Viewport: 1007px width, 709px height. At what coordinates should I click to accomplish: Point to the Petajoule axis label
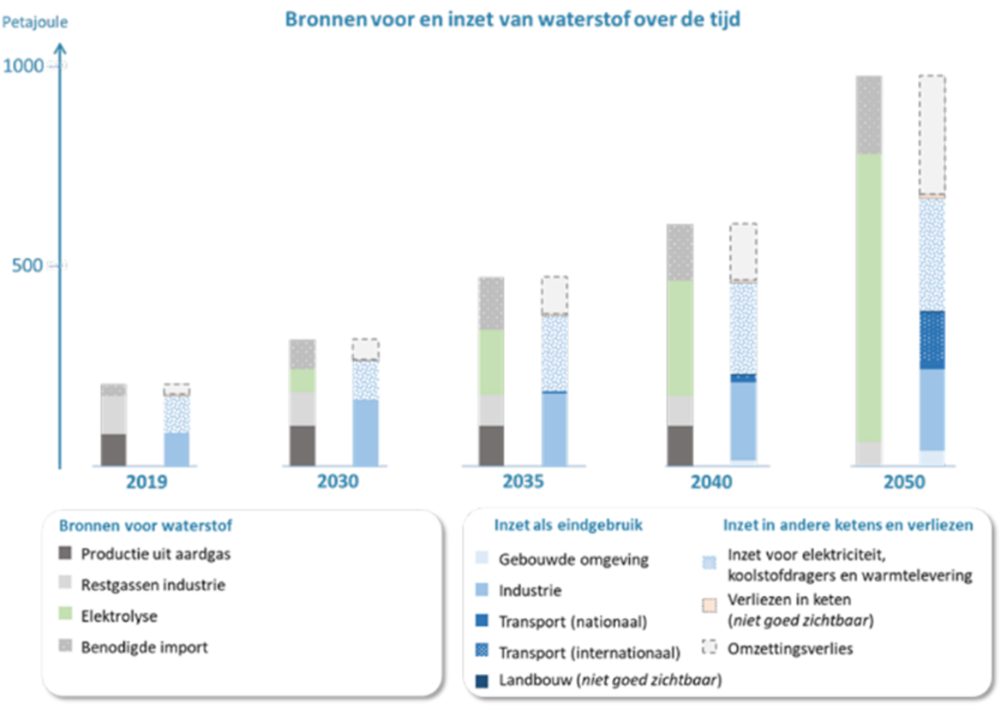pyautogui.click(x=35, y=20)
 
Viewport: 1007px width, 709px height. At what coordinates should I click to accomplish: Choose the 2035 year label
pyautogui.click(x=523, y=482)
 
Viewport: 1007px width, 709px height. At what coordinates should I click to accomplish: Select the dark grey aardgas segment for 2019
pyautogui.click(x=114, y=450)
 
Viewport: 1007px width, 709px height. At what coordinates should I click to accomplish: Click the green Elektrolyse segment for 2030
pyautogui.click(x=303, y=380)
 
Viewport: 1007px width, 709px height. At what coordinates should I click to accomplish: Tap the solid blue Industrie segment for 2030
pyautogui.click(x=366, y=432)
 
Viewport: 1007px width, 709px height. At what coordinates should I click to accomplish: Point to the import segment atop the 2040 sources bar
pyautogui.click(x=680, y=252)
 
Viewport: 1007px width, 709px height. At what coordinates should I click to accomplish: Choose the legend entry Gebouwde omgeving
pyautogui.click(x=573, y=560)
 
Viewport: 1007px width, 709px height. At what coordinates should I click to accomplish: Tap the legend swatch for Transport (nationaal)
pyautogui.click(x=481, y=622)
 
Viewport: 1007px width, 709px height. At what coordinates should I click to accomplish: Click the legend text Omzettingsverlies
pyautogui.click(x=789, y=648)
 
